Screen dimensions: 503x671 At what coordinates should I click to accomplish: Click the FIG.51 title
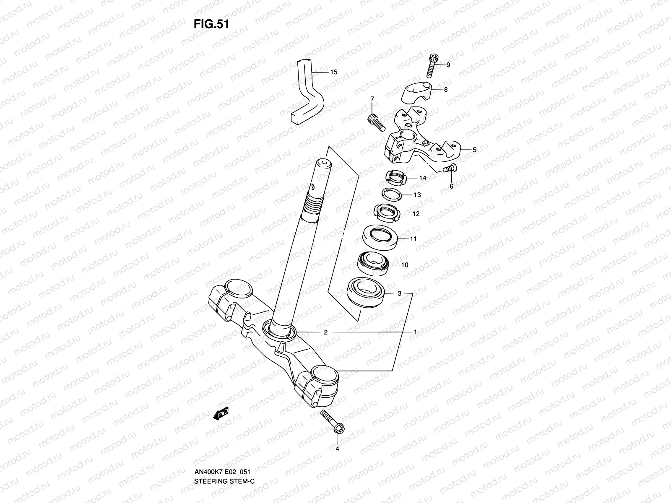(211, 24)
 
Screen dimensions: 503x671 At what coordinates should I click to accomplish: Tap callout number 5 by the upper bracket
(474, 150)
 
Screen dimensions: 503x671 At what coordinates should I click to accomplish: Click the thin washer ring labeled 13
(392, 195)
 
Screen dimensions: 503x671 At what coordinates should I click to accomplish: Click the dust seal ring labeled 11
(380, 238)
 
